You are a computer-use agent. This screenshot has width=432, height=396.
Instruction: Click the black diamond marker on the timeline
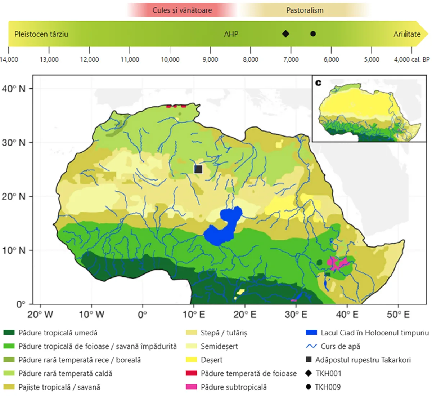point(285,34)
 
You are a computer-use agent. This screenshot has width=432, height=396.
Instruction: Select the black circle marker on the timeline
point(313,34)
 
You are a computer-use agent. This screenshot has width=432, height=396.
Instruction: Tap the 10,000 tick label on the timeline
point(170,59)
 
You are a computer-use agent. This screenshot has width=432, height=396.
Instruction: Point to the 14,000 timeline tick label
point(9,59)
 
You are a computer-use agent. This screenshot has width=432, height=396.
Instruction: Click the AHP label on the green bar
point(231,34)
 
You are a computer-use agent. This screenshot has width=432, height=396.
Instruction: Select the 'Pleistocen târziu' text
point(41,34)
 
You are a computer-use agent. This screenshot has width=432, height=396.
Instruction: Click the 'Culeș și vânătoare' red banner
point(182,10)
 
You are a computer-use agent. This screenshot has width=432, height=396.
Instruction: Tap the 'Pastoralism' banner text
point(305,10)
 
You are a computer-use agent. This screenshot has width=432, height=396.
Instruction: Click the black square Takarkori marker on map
point(198,169)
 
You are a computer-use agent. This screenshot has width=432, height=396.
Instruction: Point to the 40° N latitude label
point(14,89)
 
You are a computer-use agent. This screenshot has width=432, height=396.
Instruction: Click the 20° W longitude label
point(40,315)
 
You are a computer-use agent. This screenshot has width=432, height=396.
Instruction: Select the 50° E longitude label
point(398,315)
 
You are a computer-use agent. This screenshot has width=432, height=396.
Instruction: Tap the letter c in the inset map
point(318,83)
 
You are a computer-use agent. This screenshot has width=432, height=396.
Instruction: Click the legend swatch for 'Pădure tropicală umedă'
point(9,333)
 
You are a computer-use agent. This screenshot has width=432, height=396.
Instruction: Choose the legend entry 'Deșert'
point(211,360)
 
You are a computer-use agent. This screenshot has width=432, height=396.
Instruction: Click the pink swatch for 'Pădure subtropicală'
point(191,387)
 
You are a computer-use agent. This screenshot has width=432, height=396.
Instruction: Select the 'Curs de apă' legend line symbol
point(311,346)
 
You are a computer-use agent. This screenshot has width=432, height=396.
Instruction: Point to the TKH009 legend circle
point(308,387)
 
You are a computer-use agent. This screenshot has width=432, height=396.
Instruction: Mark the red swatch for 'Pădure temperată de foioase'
point(191,373)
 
